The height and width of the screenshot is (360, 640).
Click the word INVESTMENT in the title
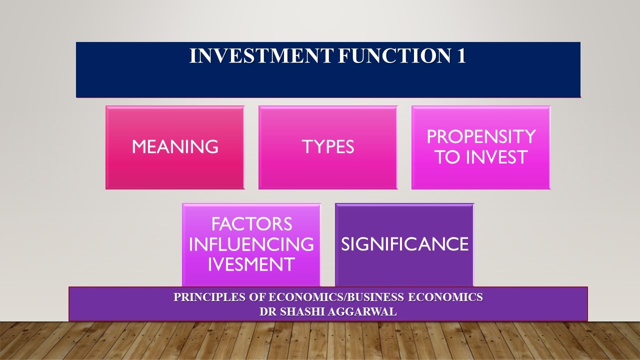[x=260, y=56]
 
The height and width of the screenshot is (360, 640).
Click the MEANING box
[x=175, y=147]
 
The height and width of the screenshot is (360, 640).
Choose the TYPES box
[x=328, y=147]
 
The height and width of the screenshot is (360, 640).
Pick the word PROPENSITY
[x=481, y=136]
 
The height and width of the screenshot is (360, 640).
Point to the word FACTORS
[x=251, y=224]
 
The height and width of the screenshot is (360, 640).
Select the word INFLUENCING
[x=251, y=244]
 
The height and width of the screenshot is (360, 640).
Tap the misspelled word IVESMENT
[x=251, y=264]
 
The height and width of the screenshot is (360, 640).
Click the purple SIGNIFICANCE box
[x=404, y=244]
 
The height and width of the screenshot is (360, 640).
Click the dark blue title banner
[x=328, y=80]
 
